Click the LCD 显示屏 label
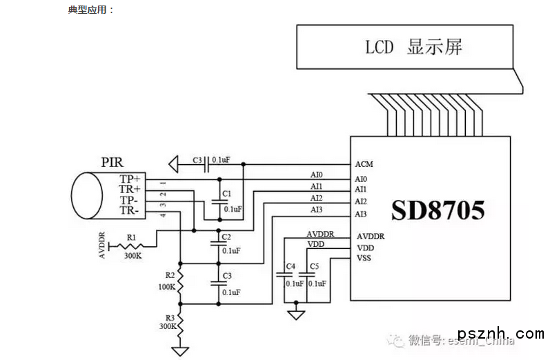(x=413, y=48)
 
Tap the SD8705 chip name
(x=438, y=210)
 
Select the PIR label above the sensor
(x=112, y=163)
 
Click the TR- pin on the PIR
(x=130, y=211)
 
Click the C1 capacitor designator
(x=226, y=193)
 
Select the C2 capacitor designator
(x=226, y=237)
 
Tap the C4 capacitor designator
(x=291, y=266)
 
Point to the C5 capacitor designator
(x=315, y=266)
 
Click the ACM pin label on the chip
(x=364, y=164)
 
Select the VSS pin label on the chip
(x=364, y=259)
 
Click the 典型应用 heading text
(x=90, y=10)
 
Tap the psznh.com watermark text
(x=509, y=334)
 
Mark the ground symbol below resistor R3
(x=181, y=350)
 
